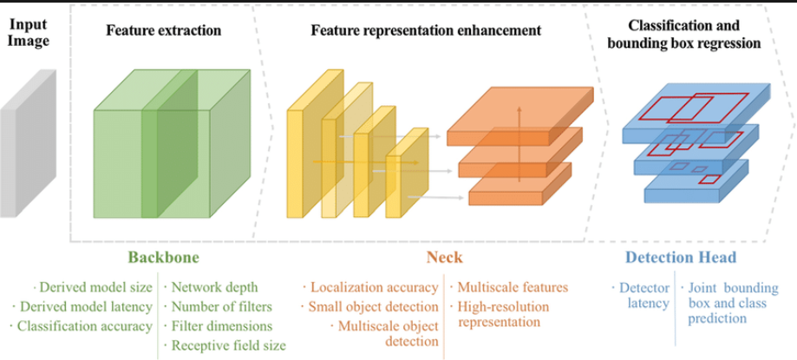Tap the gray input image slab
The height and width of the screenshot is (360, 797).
(29, 143)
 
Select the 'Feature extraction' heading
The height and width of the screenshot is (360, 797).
(163, 30)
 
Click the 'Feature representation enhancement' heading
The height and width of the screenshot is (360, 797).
(426, 30)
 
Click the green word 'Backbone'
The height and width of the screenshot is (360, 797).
(163, 258)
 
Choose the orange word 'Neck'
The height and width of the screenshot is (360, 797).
(444, 258)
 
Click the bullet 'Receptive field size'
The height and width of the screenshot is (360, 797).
(228, 346)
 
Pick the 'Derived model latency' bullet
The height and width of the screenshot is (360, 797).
(84, 306)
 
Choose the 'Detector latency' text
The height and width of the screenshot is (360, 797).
(645, 295)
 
